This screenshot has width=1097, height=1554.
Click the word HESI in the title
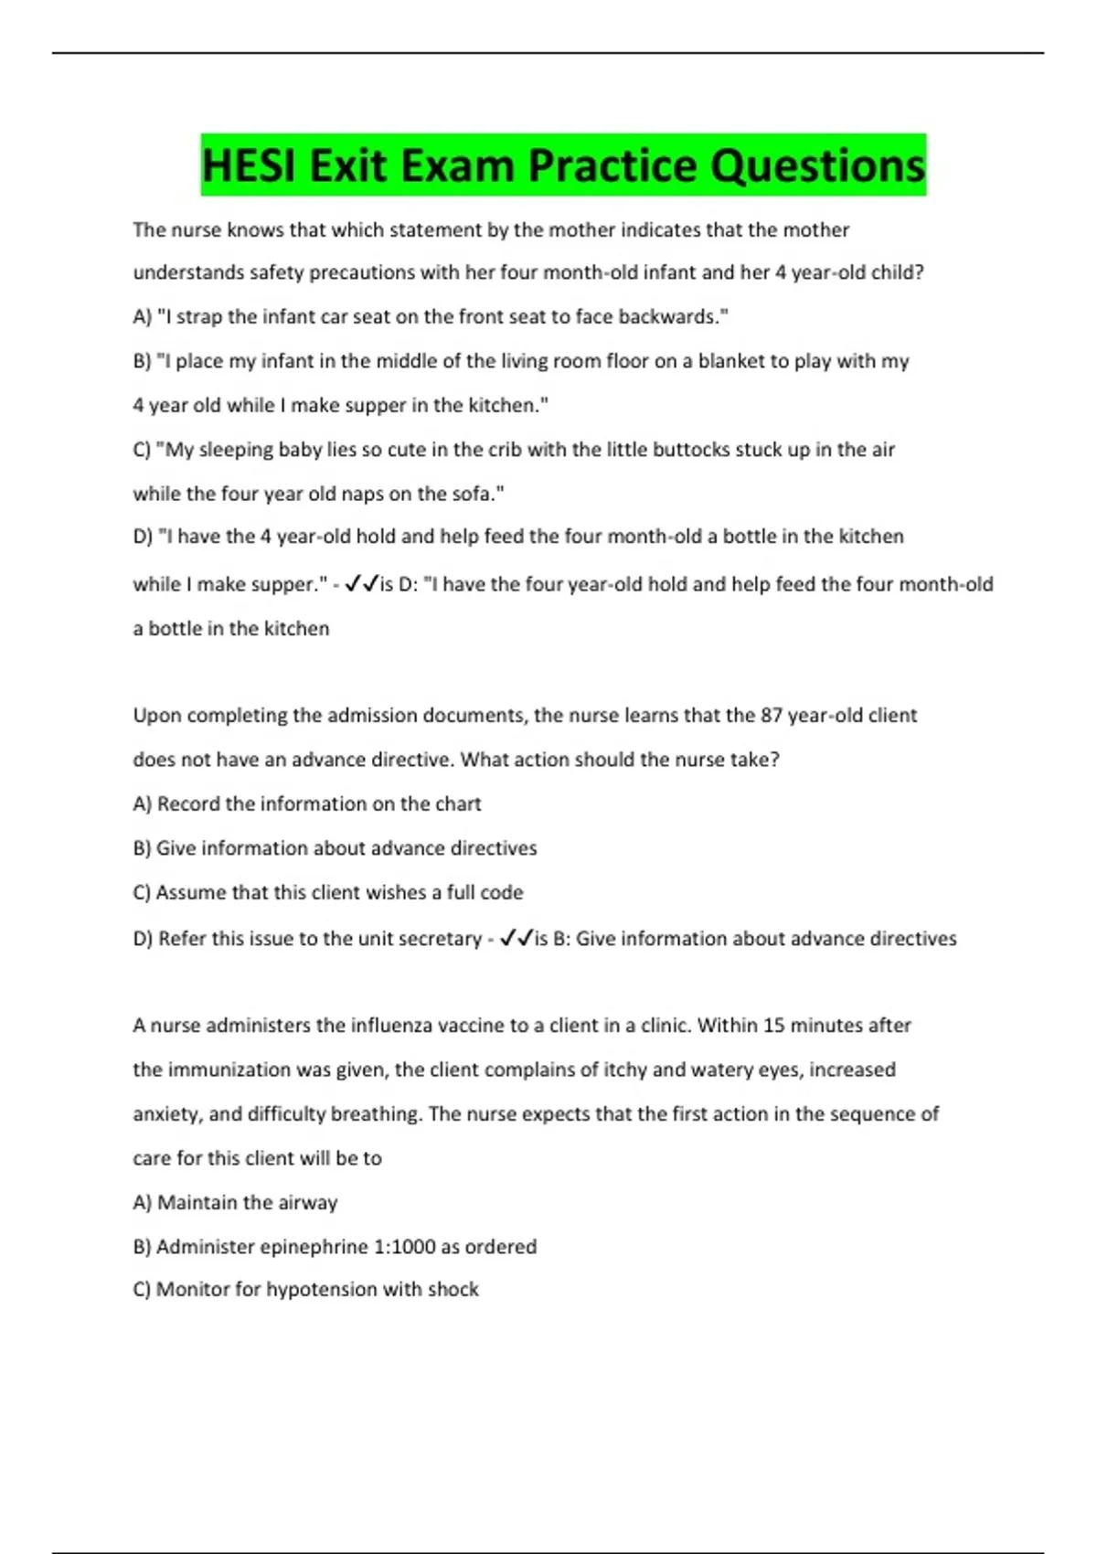tap(249, 166)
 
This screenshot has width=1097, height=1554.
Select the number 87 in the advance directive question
tap(771, 715)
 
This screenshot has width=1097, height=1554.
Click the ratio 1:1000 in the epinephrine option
tap(403, 1246)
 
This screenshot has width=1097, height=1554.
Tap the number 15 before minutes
tap(773, 1025)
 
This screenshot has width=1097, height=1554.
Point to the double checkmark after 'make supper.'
tap(362, 583)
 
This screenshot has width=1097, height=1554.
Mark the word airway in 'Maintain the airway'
tap(309, 1202)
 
